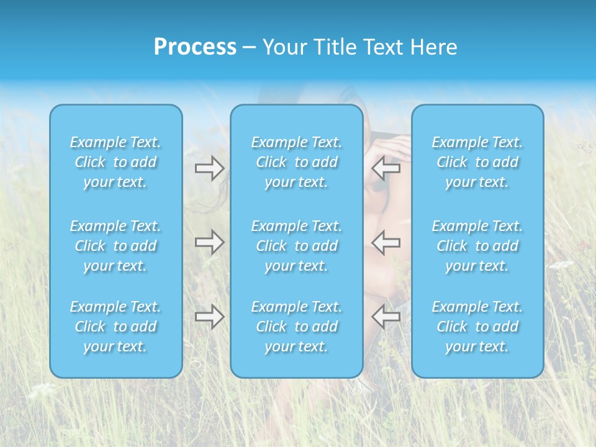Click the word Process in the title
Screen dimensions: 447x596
tap(195, 47)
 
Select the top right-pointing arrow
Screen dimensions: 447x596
tap(209, 168)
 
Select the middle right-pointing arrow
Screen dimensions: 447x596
tap(209, 242)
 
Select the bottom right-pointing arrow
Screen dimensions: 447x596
tap(209, 317)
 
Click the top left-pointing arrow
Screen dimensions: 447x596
tap(386, 168)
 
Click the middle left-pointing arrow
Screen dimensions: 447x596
tap(386, 242)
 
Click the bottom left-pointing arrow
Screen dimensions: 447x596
tap(386, 317)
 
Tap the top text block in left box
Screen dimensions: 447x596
tap(115, 162)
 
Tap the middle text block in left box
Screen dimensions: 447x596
tap(115, 246)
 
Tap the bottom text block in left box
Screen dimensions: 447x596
tap(115, 327)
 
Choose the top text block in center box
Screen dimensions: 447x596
tap(297, 162)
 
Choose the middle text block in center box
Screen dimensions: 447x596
tap(297, 246)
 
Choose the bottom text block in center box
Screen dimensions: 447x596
tap(297, 327)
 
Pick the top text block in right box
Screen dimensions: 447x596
tap(477, 162)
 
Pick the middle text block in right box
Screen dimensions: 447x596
tap(477, 246)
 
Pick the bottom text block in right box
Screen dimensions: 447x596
tap(477, 327)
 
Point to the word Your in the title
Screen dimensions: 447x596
tap(284, 47)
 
